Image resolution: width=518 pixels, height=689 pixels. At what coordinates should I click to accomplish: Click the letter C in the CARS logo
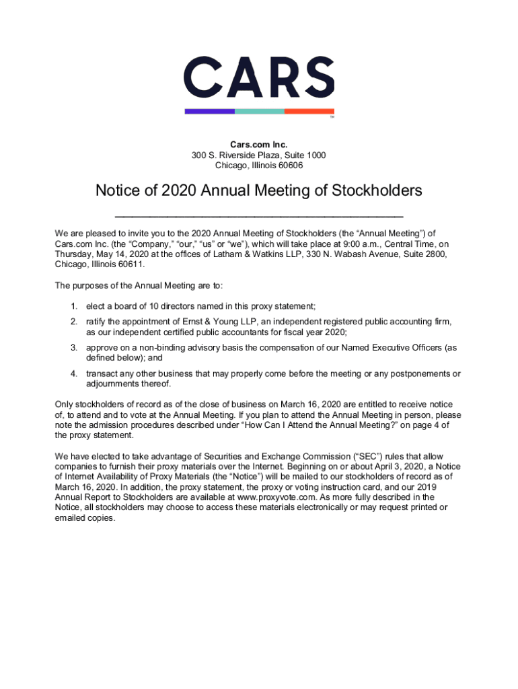click(x=202, y=77)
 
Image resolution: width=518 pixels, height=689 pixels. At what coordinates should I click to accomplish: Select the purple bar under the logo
click(x=209, y=111)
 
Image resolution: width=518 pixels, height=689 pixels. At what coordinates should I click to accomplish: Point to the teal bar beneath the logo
click(x=259, y=111)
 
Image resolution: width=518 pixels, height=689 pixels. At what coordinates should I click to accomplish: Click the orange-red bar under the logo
click(x=309, y=111)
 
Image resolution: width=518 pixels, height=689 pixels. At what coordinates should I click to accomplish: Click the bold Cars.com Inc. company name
click(x=259, y=145)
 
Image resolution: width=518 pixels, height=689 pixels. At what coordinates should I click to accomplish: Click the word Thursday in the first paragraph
click(x=75, y=254)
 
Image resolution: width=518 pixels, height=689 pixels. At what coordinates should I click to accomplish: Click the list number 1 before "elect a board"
click(x=73, y=306)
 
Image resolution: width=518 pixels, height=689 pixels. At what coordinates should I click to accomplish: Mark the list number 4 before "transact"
click(x=73, y=374)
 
